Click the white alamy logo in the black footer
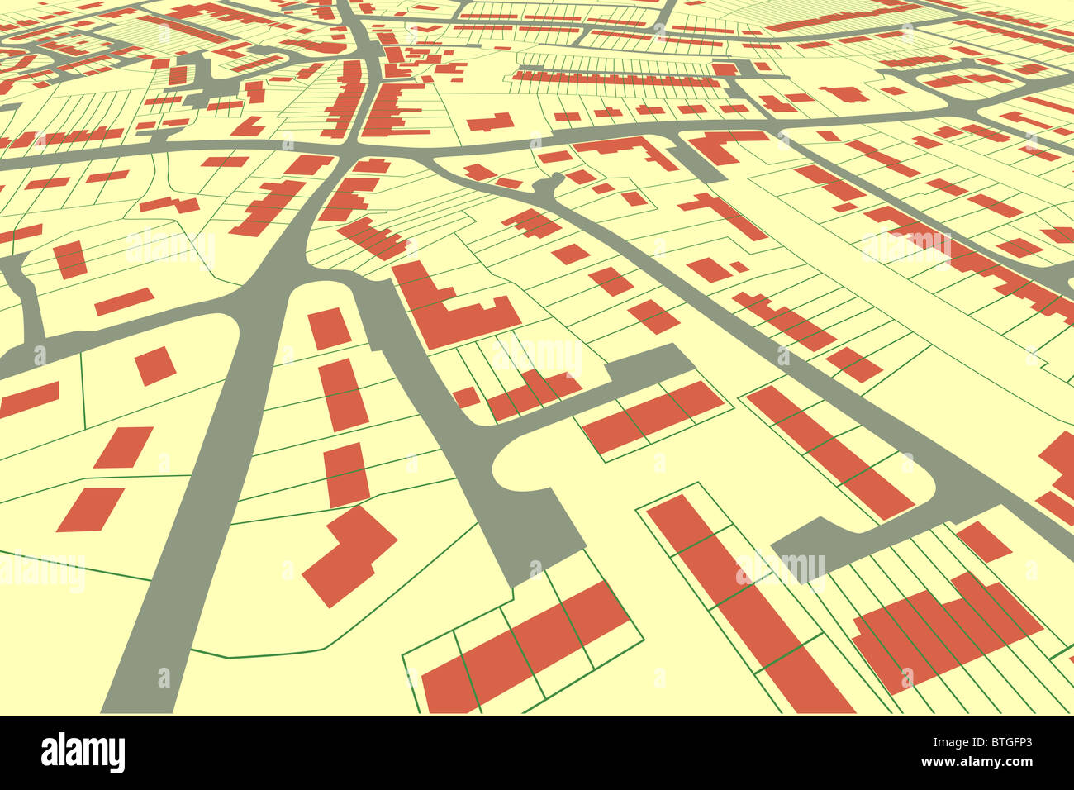(x=83, y=753)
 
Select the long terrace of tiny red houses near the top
(x=615, y=80)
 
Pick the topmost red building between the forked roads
(x=329, y=328)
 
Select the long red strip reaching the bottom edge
(x=744, y=603)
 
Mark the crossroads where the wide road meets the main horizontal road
(x=347, y=154)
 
